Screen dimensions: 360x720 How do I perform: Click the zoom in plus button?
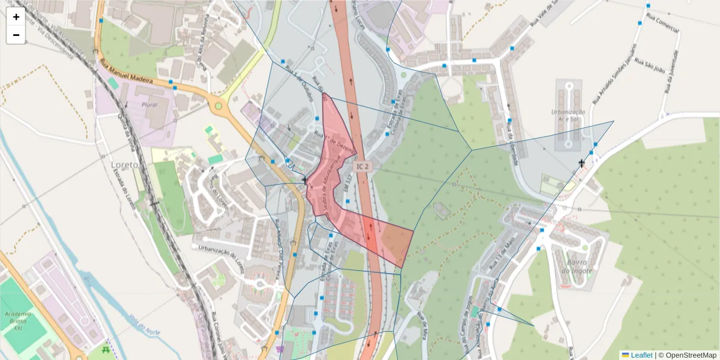[x=16, y=17]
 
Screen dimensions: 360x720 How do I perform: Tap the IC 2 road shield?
[x=362, y=166]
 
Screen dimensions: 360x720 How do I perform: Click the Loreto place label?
[x=125, y=164]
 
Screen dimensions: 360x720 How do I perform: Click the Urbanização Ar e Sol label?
[x=568, y=116]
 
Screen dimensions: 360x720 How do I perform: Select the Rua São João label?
[x=649, y=62]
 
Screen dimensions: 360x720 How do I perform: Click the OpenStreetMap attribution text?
[x=688, y=355]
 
